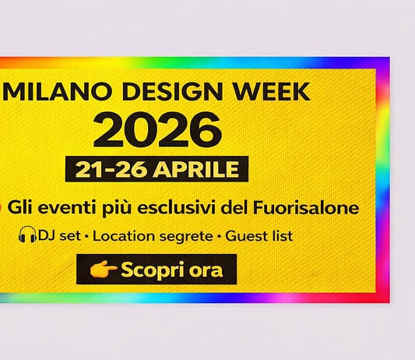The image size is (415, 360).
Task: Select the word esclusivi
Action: pos(178,208)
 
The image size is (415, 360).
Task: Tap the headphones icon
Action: pos(28,235)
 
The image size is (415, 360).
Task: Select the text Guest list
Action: pos(259,235)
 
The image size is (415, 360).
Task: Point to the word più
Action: pos(120,209)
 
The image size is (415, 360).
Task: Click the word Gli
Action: pos(25,208)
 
